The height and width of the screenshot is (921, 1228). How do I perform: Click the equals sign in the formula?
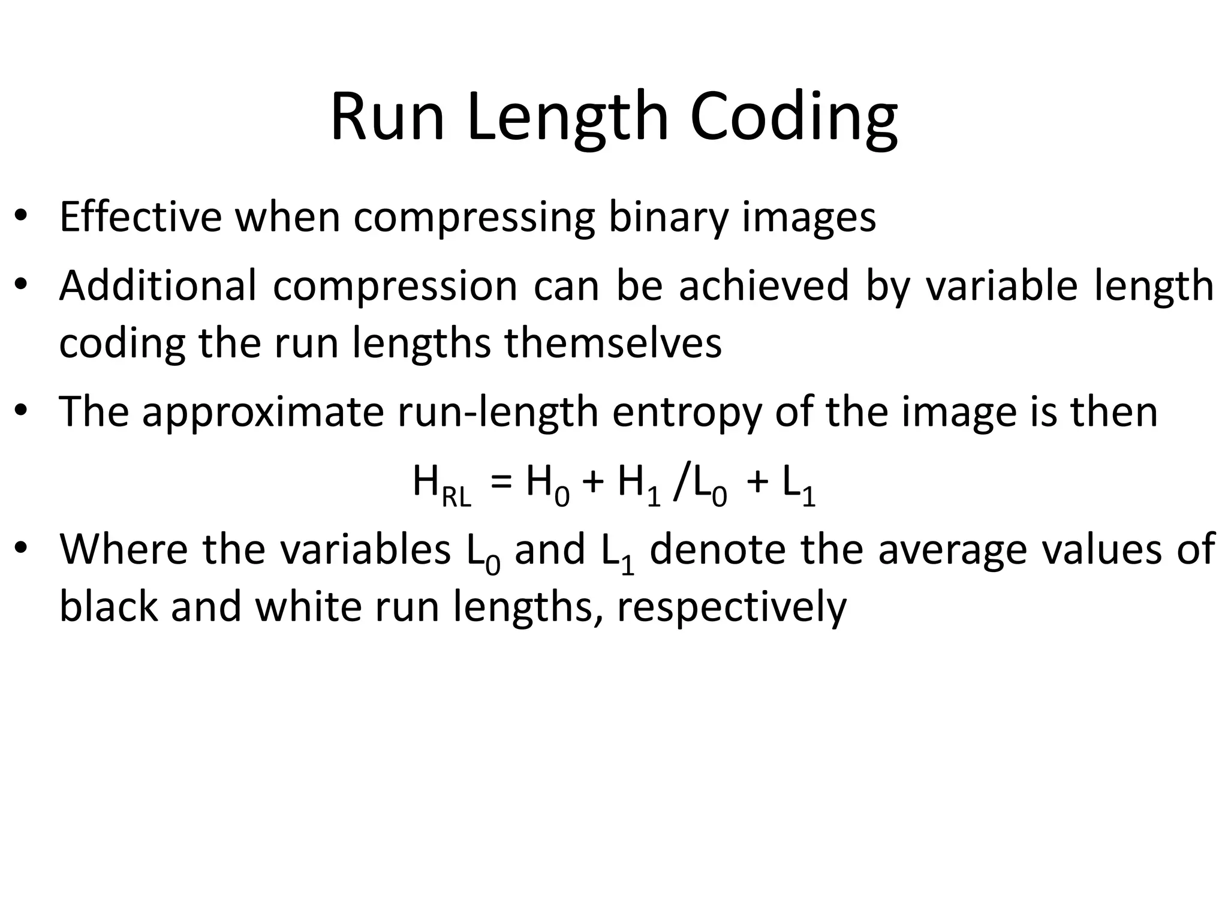tap(501, 482)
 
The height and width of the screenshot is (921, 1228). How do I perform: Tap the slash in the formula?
tap(680, 483)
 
